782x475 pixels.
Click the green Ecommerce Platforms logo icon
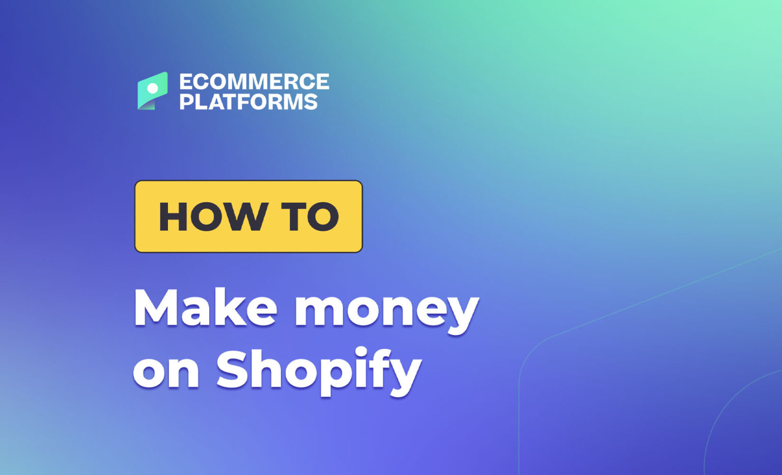coord(152,91)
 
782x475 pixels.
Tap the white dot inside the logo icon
coord(152,89)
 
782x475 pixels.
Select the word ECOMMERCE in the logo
coord(254,82)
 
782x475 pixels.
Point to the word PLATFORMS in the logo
coord(248,101)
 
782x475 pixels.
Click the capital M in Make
coord(155,308)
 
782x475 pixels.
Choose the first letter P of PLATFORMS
coord(187,101)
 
